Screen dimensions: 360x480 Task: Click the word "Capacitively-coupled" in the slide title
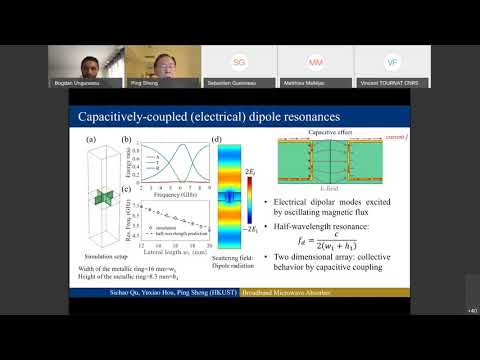click(125, 119)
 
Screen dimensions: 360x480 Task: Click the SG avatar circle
click(239, 62)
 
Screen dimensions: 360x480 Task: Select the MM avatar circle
click(315, 62)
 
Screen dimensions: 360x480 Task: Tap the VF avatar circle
click(392, 62)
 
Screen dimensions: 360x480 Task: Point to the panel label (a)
click(90, 139)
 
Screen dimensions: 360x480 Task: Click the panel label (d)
click(217, 139)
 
